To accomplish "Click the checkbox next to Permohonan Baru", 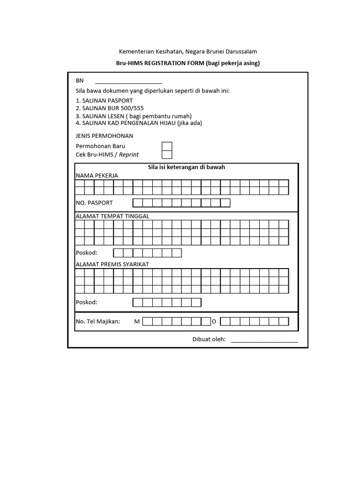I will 167,146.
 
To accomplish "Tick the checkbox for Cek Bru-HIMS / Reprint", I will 167,155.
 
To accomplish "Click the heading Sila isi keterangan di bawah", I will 187,167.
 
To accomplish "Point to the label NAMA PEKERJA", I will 97,175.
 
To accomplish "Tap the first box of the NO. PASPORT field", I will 137,203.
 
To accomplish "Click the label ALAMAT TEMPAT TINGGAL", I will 112,216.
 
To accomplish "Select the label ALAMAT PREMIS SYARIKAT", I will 112,264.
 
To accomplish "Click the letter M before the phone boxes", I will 137,322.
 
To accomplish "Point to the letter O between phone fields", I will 214,322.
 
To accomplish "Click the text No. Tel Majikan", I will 98,322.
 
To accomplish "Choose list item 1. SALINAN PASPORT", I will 104,101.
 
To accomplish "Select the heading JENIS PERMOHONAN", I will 105,136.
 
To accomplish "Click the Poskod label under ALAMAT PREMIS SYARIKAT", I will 87,302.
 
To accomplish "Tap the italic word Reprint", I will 129,155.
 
